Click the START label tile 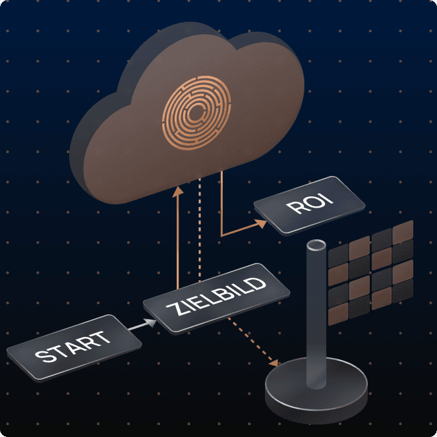[73, 348]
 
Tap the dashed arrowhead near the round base [276, 363]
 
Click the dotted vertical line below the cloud [200, 231]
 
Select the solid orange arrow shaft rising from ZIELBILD [177, 244]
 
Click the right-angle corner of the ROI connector [221, 234]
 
